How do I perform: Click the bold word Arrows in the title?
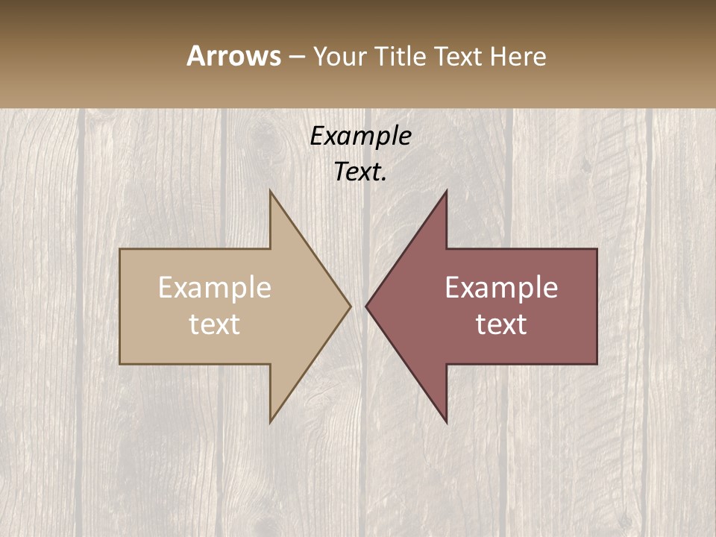tap(233, 56)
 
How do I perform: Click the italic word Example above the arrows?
tap(360, 136)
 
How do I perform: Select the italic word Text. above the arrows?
tap(360, 172)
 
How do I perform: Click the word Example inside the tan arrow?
tap(215, 288)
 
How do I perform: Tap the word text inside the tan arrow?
tap(215, 324)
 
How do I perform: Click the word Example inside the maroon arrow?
tap(501, 288)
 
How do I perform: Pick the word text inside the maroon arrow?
tap(501, 324)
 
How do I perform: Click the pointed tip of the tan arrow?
tap(351, 306)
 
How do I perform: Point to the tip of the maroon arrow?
tap(366, 306)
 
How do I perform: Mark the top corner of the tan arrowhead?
tap(271, 191)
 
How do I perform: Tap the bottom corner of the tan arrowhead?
tap(271, 422)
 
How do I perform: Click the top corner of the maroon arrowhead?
tap(446, 191)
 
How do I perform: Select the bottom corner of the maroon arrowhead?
tap(446, 422)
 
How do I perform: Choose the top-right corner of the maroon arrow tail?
tap(597, 249)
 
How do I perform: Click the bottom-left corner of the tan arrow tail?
tap(120, 364)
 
